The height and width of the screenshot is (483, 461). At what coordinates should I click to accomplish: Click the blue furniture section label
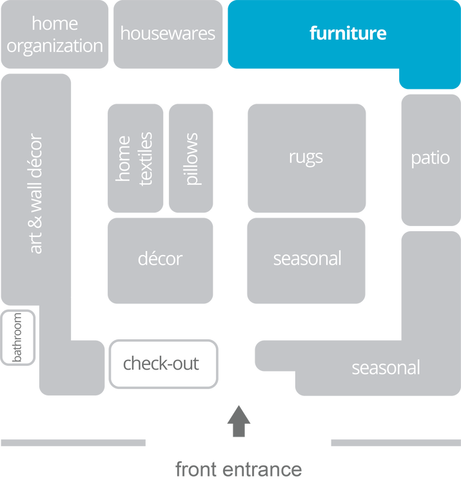(x=348, y=33)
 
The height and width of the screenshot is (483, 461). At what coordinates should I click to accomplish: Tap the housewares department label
(x=168, y=34)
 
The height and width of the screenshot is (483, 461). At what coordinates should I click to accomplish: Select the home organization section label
(x=55, y=35)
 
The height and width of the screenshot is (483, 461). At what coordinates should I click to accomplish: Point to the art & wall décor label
(x=36, y=193)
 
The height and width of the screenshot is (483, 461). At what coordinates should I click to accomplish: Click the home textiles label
(x=135, y=158)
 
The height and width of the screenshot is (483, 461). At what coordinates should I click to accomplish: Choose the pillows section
(x=191, y=158)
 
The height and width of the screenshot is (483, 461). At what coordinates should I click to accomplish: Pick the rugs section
(x=306, y=157)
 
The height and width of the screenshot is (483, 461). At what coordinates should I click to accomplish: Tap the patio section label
(x=430, y=158)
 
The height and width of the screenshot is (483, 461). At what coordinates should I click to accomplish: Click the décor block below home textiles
(x=160, y=259)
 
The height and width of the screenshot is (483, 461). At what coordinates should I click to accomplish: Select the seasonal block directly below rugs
(x=307, y=259)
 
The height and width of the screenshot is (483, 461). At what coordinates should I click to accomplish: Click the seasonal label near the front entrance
(x=386, y=368)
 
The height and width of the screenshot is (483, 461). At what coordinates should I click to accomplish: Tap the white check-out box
(x=161, y=363)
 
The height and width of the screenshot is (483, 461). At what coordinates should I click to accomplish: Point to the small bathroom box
(x=17, y=337)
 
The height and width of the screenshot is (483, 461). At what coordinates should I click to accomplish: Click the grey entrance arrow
(x=239, y=421)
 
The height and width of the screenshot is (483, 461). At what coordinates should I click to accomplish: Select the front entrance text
(x=239, y=469)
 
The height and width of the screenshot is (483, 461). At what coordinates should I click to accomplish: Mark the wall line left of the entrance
(x=74, y=443)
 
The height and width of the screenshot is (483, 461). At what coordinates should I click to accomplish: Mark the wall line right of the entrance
(x=395, y=443)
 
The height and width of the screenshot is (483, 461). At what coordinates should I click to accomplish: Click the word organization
(x=55, y=46)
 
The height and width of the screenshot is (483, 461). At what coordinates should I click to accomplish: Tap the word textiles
(x=146, y=158)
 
